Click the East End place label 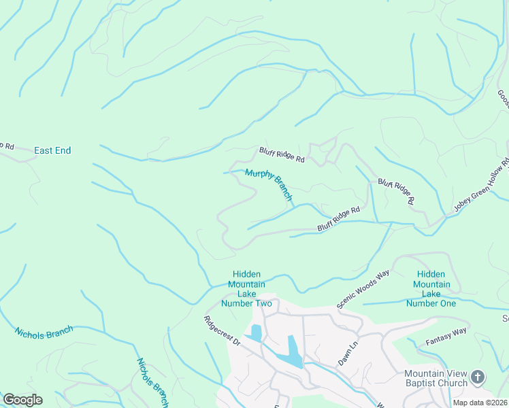(52, 150)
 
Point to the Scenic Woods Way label (363, 288)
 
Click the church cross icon (478, 376)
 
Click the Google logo (22, 400)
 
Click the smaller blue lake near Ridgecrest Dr (256, 333)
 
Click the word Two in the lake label (262, 303)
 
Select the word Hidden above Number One (431, 274)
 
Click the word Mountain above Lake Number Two (246, 284)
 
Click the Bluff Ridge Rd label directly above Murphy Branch (281, 155)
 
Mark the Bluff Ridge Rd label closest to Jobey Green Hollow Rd (396, 191)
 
